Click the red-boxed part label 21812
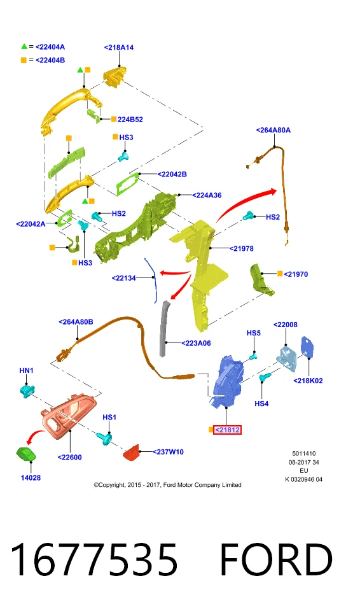pyautogui.click(x=227, y=430)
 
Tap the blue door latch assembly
pyautogui.click(x=228, y=381)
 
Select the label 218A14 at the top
pyautogui.click(x=119, y=47)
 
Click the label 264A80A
pyautogui.click(x=273, y=130)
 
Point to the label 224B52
pyautogui.click(x=130, y=120)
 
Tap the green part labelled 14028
pyautogui.click(x=26, y=454)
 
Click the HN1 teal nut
pyautogui.click(x=27, y=390)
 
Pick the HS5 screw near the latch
pyautogui.click(x=253, y=356)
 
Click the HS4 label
pyautogui.click(x=261, y=404)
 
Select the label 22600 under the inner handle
pyautogui.click(x=70, y=458)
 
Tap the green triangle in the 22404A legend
pyautogui.click(x=24, y=46)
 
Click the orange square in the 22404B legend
pyautogui.click(x=24, y=60)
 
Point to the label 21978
pyautogui.click(x=242, y=248)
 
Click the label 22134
pyautogui.click(x=124, y=278)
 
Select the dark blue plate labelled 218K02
pyautogui.click(x=308, y=348)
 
